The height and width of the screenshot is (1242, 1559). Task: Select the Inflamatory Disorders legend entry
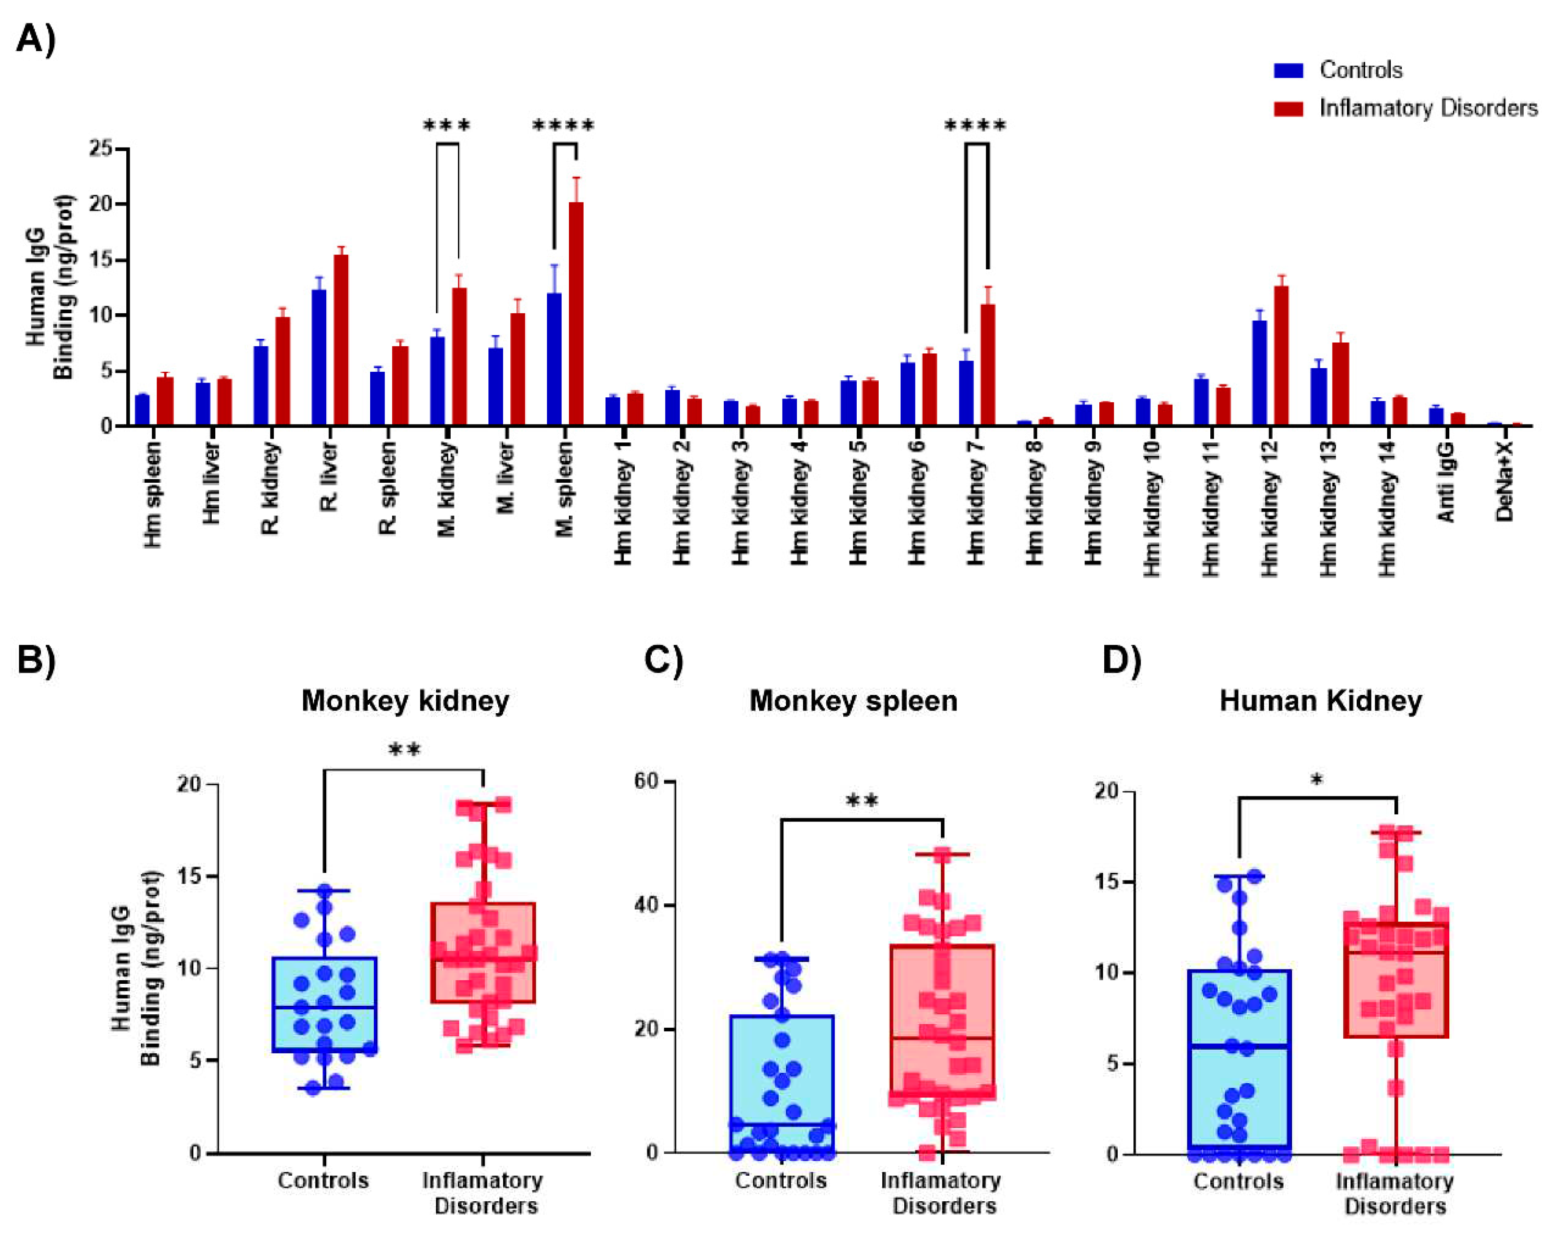click(x=1427, y=108)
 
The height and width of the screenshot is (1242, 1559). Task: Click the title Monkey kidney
click(x=405, y=701)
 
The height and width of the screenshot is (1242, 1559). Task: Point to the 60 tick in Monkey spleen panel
click(x=646, y=782)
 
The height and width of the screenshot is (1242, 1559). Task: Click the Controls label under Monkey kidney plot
click(x=323, y=1181)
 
